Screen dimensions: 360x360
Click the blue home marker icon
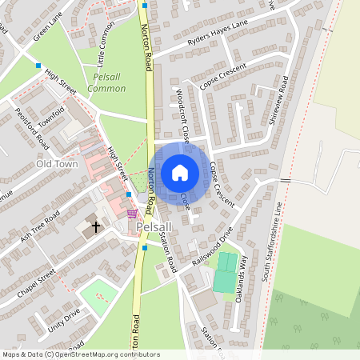pos(180,172)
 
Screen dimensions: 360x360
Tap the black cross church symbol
pos(96,226)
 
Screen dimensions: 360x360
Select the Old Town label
pos(56,164)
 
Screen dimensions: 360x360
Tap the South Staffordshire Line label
pos(278,240)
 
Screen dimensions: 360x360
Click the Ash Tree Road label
pos(42,227)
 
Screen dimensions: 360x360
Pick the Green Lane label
pos(48,31)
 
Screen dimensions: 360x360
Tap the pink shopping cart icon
pos(131,214)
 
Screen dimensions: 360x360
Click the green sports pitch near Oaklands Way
pos(226,271)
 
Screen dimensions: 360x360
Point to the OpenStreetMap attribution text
pos(80,354)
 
